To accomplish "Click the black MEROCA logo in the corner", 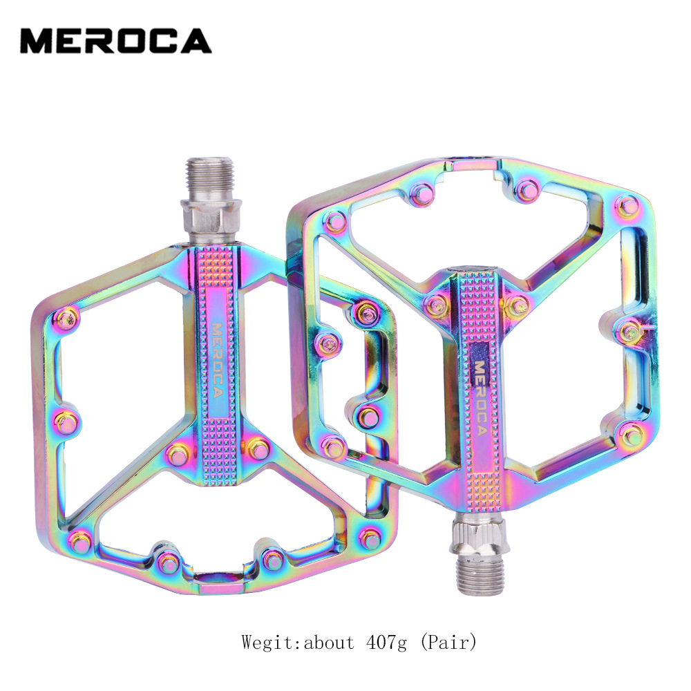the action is [116, 41].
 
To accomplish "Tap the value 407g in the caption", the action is [386, 643].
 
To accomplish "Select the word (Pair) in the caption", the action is [448, 643].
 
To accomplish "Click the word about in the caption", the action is [328, 643].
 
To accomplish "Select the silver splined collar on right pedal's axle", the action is [478, 535].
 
